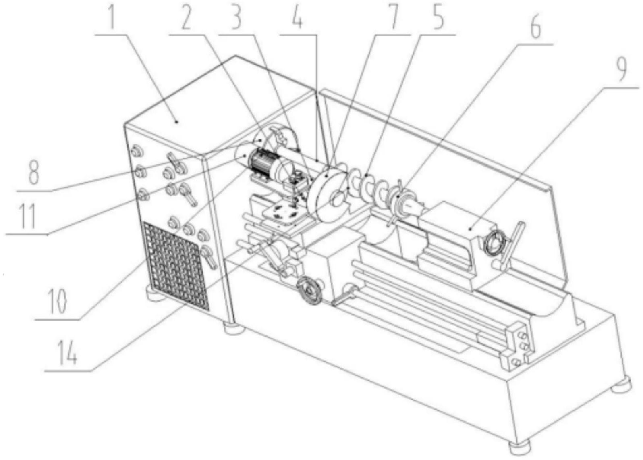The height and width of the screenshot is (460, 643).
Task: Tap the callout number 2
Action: coord(186,19)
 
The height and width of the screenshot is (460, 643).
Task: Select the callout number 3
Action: coord(235,19)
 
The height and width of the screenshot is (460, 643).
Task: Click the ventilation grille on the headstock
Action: coord(176,266)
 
